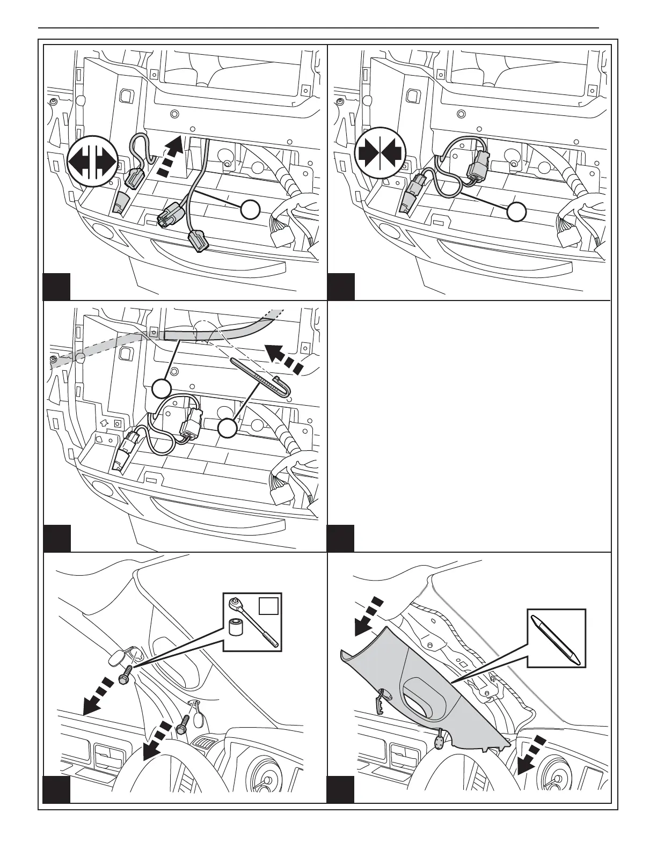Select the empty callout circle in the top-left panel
tap(250, 210)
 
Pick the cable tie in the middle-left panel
tap(262, 376)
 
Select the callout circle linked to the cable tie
tap(228, 429)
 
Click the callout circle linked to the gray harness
tap(162, 387)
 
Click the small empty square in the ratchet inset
tap(268, 605)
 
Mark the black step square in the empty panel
tap(340, 539)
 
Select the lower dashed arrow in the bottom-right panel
tap(531, 756)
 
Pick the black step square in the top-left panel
tap(56, 287)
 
